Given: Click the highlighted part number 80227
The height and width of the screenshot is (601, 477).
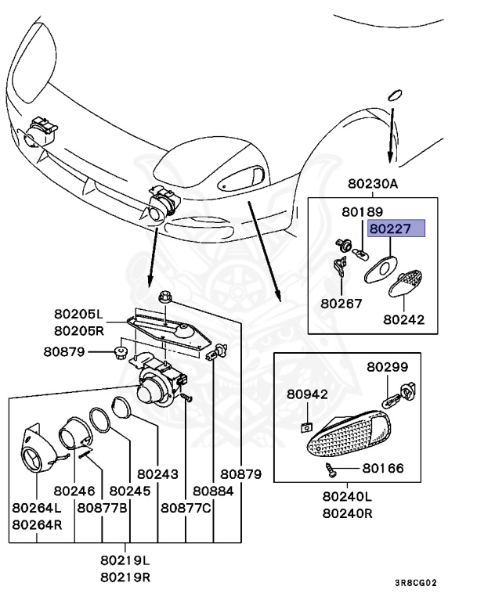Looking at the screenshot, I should [x=396, y=229].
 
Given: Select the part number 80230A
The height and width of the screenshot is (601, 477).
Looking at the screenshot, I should [x=373, y=185].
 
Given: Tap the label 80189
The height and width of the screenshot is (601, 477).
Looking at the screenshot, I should [x=361, y=212].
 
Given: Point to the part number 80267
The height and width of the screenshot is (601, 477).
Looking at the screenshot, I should [x=341, y=300].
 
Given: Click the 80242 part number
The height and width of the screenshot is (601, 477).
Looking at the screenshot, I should [x=403, y=319].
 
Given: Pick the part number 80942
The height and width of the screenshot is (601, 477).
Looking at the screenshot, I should [x=307, y=394].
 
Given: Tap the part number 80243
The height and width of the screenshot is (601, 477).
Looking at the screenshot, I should [x=157, y=473].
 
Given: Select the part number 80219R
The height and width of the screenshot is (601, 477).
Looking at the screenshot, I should [x=125, y=577].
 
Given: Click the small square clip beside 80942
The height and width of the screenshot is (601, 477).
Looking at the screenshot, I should [x=306, y=426].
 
